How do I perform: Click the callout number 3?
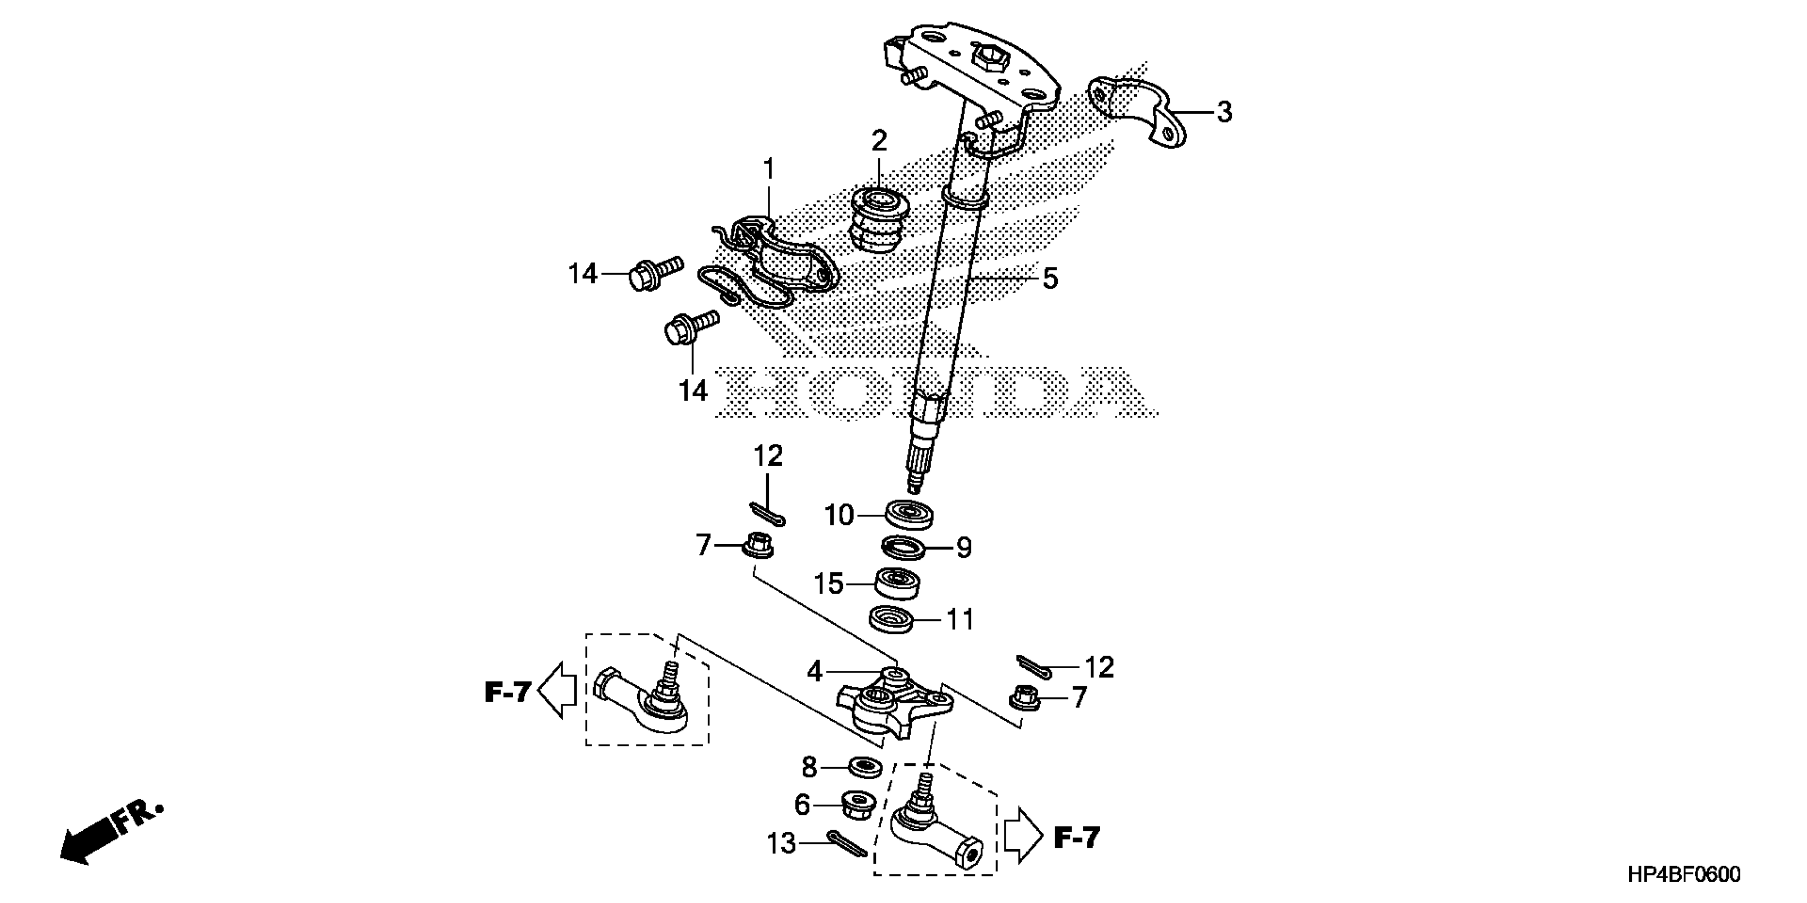1223,112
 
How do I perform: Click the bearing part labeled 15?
898,584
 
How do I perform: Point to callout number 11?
961,620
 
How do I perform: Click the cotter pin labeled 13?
848,845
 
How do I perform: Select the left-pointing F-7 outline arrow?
558,691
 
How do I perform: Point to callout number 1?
769,170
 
